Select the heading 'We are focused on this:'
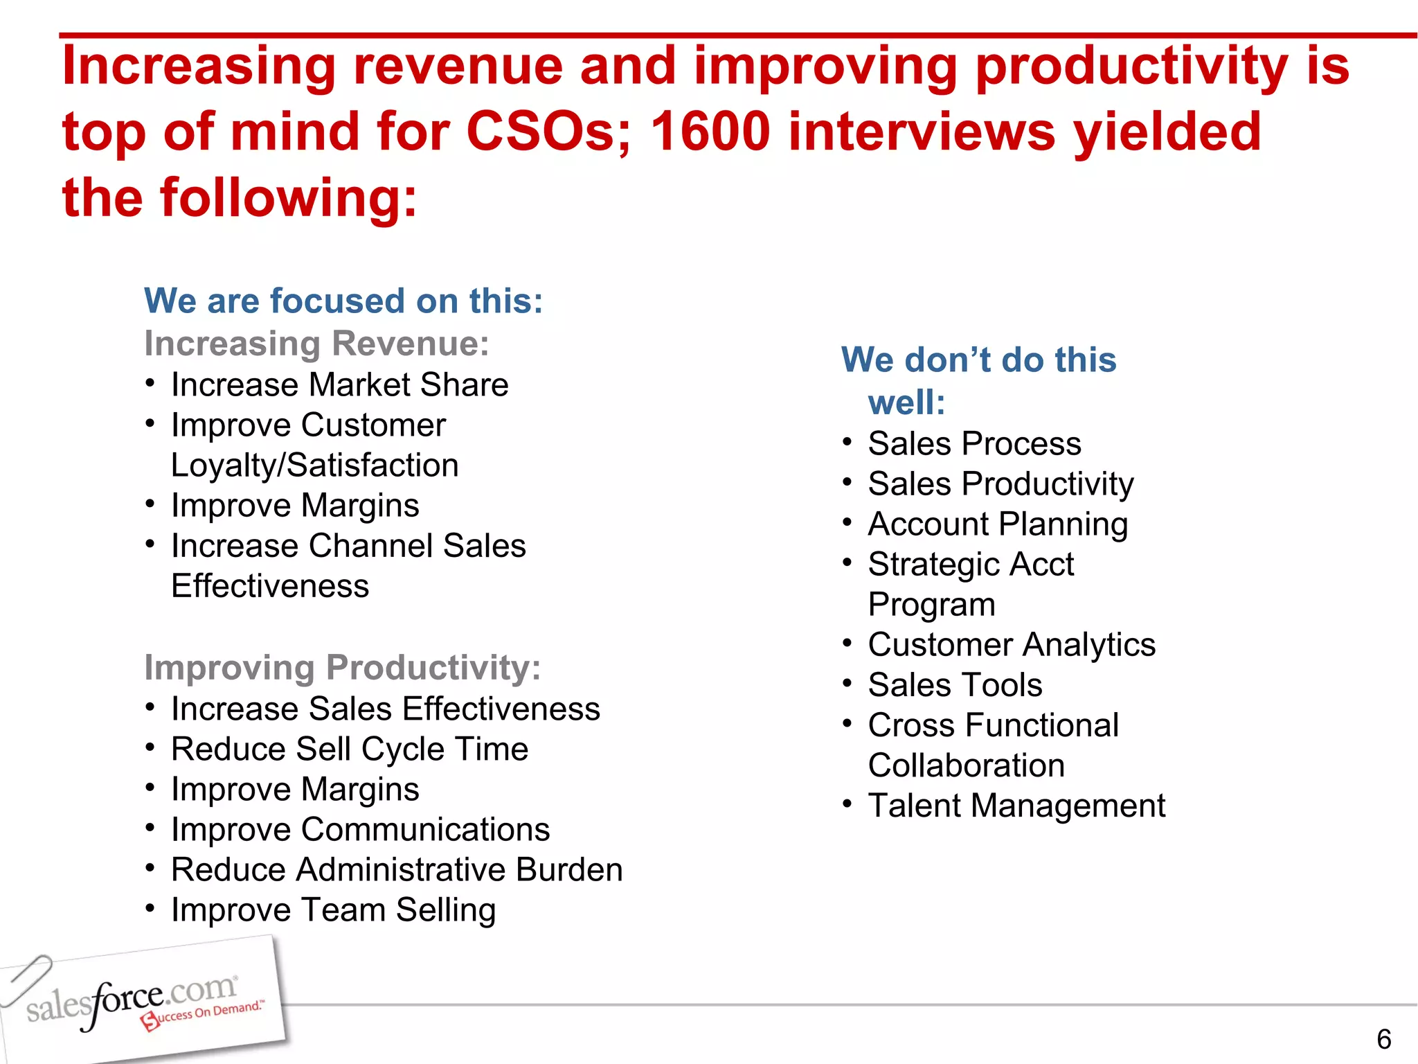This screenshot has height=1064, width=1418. (x=343, y=301)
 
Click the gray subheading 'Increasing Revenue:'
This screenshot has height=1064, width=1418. (x=316, y=344)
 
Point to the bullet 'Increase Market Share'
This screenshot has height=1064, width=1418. (x=339, y=384)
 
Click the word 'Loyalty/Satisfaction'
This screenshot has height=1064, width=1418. (x=314, y=465)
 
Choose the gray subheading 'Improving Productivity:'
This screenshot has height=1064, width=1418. (x=342, y=668)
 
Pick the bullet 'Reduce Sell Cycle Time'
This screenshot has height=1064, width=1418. (x=350, y=749)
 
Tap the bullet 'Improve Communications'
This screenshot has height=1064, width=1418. (x=360, y=829)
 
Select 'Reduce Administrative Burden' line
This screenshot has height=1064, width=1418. (x=397, y=869)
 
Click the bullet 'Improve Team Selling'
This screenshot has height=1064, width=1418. (x=333, y=910)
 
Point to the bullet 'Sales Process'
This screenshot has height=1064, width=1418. (x=974, y=443)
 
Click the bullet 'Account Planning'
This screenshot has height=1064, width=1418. (x=998, y=524)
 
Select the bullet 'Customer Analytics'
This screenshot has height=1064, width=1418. (x=1012, y=645)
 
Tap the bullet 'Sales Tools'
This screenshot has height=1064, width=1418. (x=955, y=685)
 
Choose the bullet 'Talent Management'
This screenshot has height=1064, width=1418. (x=1016, y=806)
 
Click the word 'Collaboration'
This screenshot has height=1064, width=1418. (x=966, y=765)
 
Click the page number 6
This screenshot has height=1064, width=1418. (x=1383, y=1039)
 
